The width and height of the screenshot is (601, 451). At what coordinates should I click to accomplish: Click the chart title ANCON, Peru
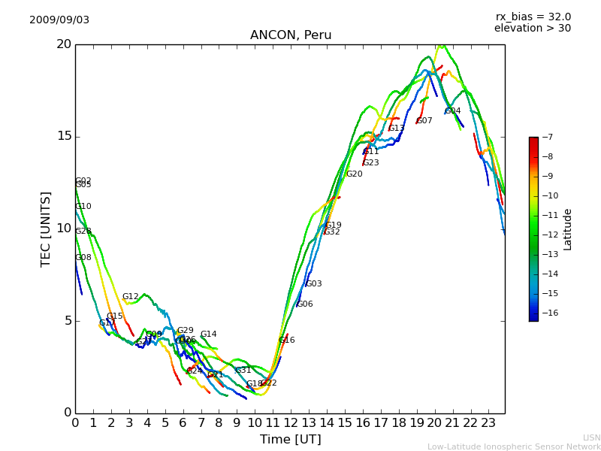(291, 35)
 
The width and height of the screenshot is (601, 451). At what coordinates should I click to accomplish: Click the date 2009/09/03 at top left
(59, 20)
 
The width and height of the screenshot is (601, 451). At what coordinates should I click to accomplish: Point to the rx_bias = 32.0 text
(533, 17)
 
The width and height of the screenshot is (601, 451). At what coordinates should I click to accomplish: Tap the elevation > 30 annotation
(532, 29)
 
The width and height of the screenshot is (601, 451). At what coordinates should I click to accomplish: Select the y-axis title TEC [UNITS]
(47, 229)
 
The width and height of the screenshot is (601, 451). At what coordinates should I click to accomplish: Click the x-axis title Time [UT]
(290, 439)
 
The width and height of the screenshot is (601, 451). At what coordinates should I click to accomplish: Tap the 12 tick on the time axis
(291, 422)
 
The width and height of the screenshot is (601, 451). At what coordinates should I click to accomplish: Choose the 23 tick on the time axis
(488, 422)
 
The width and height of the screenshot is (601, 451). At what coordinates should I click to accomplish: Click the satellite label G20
(354, 174)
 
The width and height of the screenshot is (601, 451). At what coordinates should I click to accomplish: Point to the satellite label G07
(424, 121)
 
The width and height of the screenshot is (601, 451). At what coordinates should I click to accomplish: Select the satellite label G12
(131, 297)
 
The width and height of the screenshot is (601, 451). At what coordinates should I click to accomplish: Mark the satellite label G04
(453, 111)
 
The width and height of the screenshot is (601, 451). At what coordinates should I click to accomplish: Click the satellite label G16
(287, 341)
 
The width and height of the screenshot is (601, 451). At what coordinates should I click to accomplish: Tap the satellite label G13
(396, 129)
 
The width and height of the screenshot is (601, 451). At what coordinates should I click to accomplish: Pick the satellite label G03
(313, 284)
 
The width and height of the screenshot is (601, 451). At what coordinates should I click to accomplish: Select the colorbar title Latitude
(568, 229)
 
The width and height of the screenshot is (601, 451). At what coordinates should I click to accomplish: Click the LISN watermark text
(591, 437)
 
